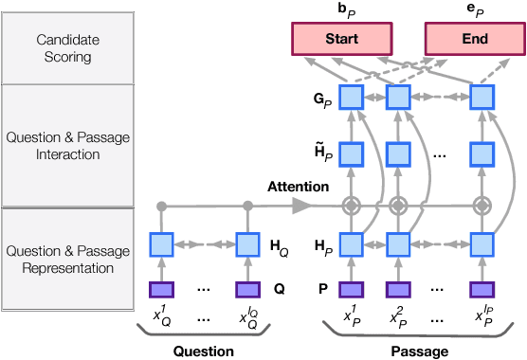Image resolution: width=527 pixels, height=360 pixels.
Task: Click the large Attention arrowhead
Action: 302,205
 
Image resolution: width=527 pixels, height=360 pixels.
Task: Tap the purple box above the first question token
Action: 161,289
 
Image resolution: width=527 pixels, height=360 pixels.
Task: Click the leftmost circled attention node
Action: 351,205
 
